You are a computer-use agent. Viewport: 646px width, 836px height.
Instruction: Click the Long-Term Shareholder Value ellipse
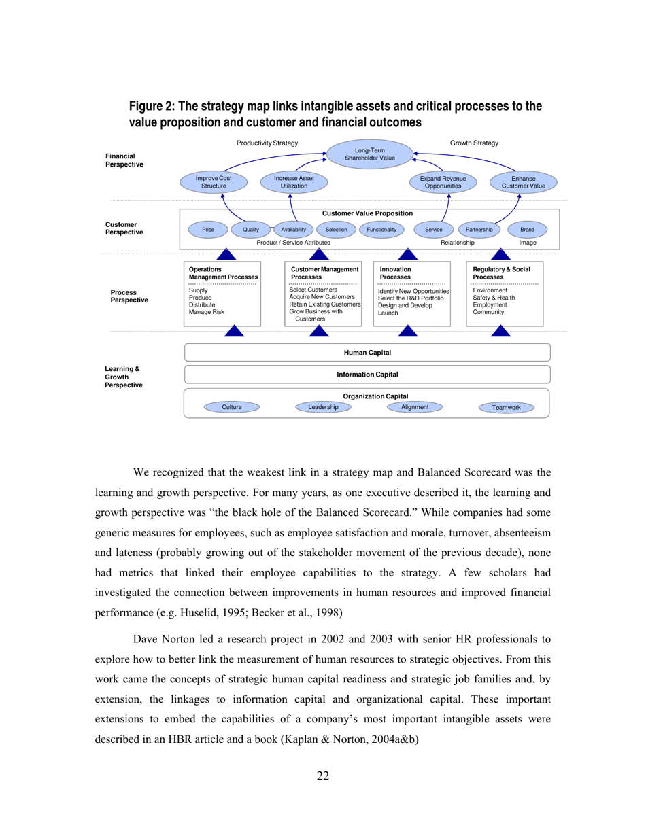coord(370,154)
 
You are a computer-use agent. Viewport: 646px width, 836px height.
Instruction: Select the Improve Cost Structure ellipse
coord(214,181)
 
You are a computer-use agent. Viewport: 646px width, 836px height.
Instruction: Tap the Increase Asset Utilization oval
coord(294,181)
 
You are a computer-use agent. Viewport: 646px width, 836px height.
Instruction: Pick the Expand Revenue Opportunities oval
coord(443,181)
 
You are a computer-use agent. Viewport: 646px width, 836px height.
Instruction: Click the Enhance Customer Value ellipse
coord(524,181)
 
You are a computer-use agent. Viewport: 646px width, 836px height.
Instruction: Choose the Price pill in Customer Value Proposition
coord(208,230)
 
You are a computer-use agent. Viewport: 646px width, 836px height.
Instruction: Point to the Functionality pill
coord(381,230)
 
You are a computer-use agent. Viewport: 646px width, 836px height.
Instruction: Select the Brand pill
coord(527,230)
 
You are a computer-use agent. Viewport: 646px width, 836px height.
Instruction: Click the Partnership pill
coord(479,230)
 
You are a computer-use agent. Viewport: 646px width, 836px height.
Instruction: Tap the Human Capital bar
coord(367,352)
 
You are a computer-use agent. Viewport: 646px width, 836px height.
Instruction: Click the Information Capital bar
coord(367,375)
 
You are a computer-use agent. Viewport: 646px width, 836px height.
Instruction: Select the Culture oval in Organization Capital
coord(232,407)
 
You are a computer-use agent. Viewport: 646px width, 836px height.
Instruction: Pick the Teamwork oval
coord(506,408)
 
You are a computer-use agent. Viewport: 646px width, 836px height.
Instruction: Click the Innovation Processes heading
coord(395,273)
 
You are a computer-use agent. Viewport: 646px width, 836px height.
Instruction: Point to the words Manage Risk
coord(206,313)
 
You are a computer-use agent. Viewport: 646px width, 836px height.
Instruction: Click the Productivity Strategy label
coord(267,143)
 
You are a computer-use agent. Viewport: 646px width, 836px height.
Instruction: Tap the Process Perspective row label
coord(129,296)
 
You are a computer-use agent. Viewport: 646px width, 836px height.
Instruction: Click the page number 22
coord(323,776)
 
